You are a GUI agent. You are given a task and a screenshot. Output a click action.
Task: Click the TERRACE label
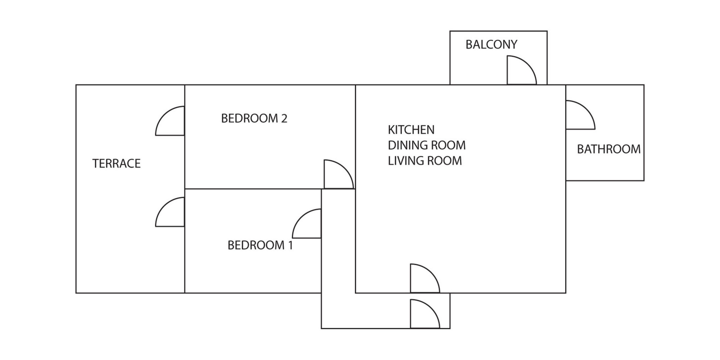coord(116,163)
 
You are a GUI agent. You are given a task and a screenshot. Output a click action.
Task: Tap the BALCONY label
coord(491,45)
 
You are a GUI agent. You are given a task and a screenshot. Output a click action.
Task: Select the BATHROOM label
coord(609,149)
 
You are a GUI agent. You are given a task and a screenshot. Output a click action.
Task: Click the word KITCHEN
coord(411,130)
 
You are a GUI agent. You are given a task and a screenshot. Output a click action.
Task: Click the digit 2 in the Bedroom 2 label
coord(284,118)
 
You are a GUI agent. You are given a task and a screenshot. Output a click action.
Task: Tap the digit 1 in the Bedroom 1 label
coord(290,245)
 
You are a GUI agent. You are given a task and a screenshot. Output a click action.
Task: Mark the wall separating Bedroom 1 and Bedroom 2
coord(253,189)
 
